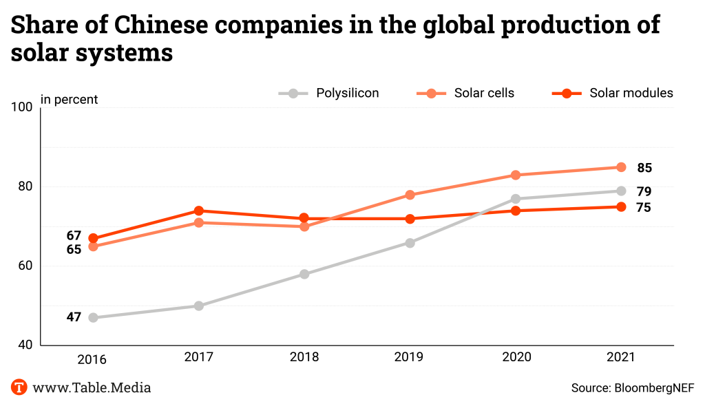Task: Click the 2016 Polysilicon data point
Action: point(93,318)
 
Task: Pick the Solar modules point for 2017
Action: point(199,211)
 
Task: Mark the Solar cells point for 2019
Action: point(410,195)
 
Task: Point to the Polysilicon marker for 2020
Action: point(515,199)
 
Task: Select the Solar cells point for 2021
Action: point(621,167)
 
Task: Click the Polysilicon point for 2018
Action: point(304,274)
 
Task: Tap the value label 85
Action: point(644,168)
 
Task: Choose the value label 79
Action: point(644,192)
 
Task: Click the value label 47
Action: point(74,317)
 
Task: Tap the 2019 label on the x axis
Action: point(410,358)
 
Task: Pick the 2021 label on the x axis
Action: point(621,358)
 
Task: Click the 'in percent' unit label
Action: point(69,100)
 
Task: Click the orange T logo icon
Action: point(19,387)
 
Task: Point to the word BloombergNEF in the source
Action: point(653,388)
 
